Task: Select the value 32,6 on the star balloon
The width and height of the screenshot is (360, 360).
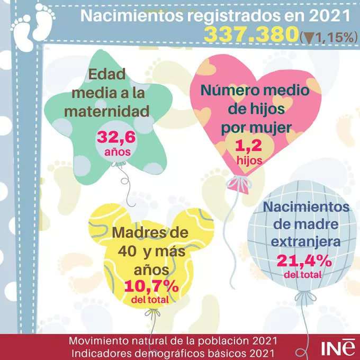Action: [113, 139]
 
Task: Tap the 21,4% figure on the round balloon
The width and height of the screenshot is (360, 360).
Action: [304, 260]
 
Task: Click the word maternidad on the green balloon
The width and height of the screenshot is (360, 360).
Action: [109, 111]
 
